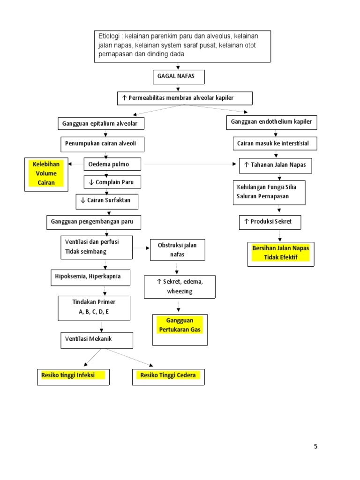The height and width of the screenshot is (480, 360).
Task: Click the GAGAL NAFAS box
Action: tap(179, 77)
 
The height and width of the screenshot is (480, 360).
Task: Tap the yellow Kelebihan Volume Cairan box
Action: tap(46, 174)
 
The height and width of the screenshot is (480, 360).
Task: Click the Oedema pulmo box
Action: tap(112, 165)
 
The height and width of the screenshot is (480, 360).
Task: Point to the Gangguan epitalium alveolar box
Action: tap(101, 124)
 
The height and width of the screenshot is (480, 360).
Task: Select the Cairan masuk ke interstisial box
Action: tap(275, 143)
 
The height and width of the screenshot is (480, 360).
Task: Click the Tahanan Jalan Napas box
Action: tap(275, 165)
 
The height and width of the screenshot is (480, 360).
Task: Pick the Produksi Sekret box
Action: tap(270, 222)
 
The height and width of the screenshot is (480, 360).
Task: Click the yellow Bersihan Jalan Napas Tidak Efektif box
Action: tap(281, 253)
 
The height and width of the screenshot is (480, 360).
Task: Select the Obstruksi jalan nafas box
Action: tap(177, 250)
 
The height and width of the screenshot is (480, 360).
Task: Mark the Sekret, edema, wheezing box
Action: tap(180, 286)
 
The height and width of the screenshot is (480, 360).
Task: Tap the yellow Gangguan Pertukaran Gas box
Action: tap(180, 329)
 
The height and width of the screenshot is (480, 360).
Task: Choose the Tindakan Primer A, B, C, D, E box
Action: tap(94, 307)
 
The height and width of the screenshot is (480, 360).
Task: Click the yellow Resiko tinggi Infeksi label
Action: tap(73, 376)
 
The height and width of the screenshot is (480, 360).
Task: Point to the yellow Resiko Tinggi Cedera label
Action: tap(168, 376)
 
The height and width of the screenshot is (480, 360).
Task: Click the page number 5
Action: tap(315, 446)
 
